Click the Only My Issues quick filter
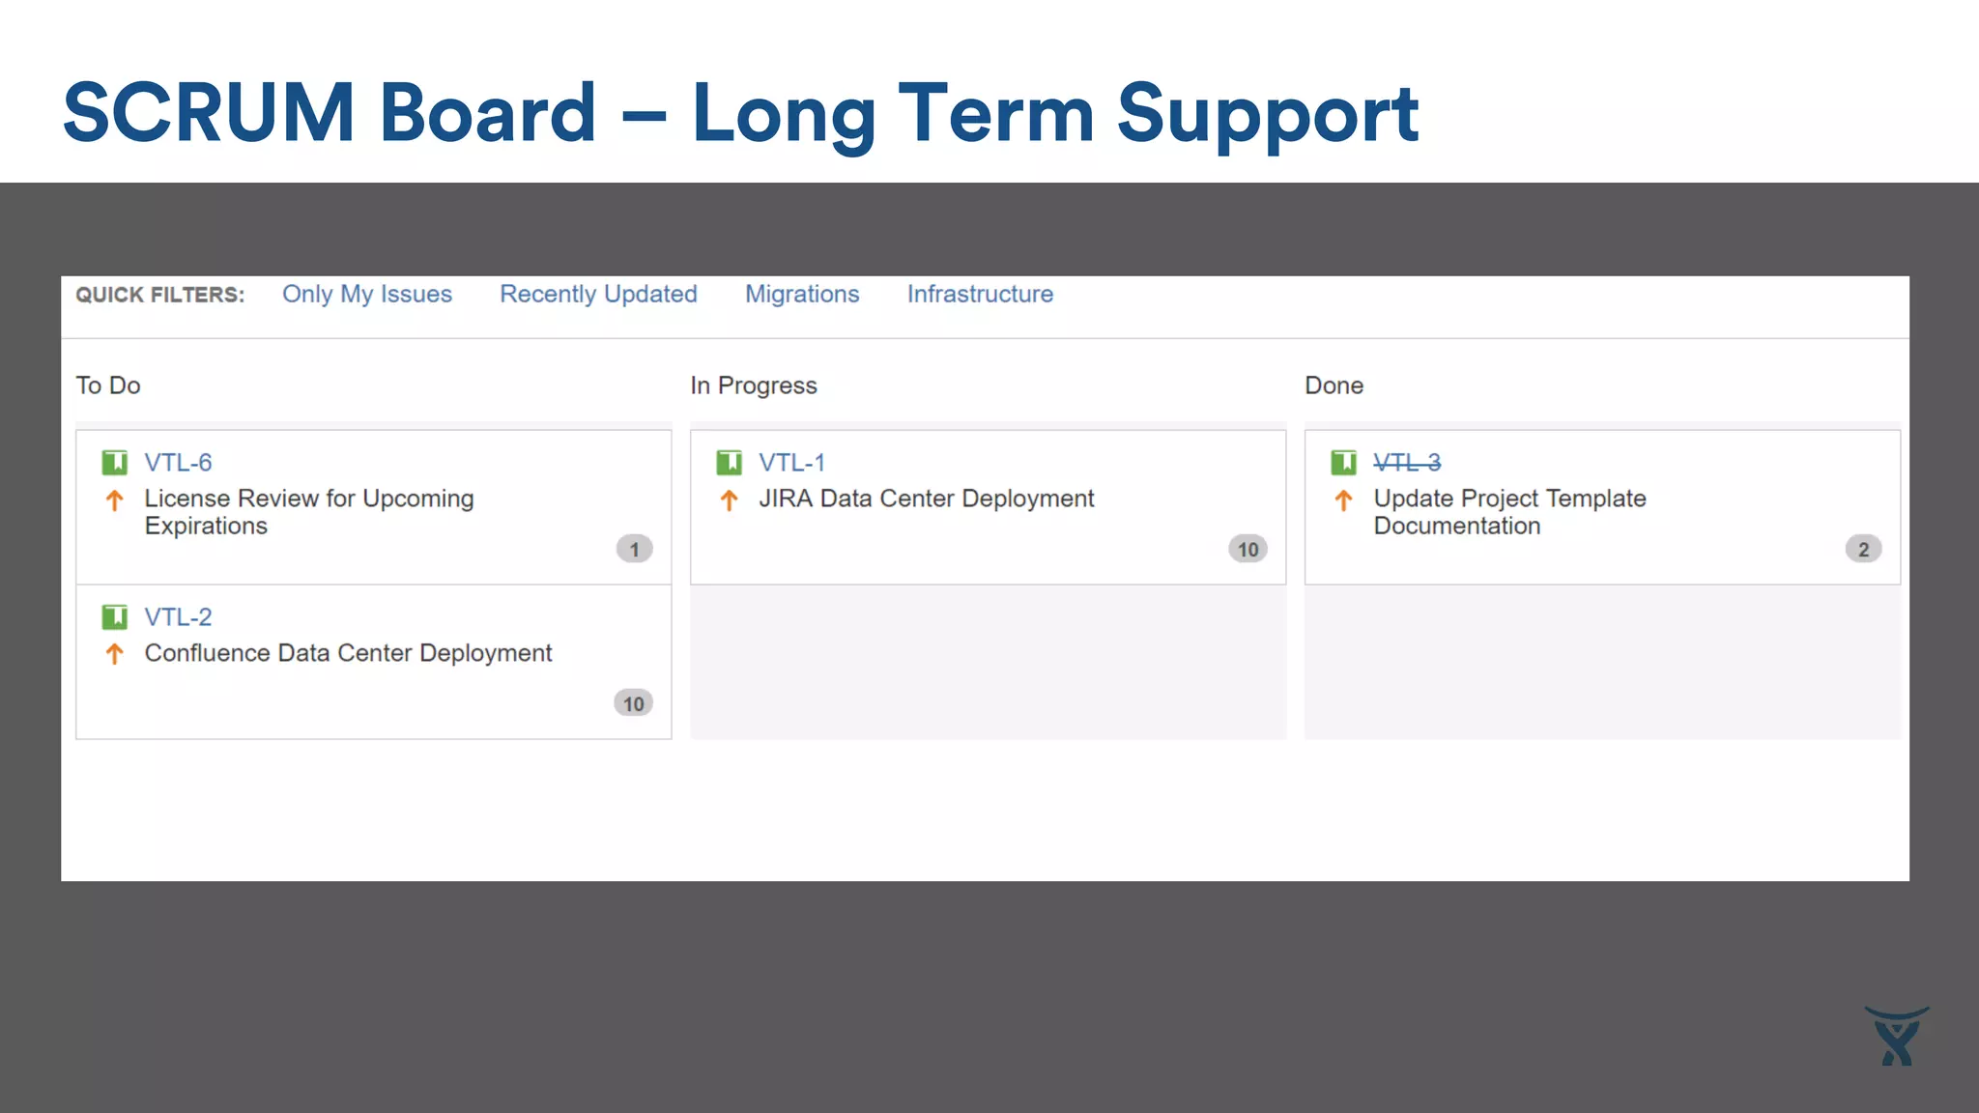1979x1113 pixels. coord(366,294)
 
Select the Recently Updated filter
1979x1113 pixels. coord(597,294)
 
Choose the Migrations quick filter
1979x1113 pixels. coord(801,294)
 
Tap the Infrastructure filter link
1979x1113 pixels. coord(979,294)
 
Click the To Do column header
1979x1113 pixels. coord(108,385)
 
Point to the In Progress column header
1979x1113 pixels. coord(753,385)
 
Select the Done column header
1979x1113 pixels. coord(1334,385)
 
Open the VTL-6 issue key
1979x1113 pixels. coord(178,463)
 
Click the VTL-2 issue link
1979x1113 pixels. coord(178,617)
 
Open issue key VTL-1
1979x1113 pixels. coord(791,463)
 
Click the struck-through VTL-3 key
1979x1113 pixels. coord(1407,463)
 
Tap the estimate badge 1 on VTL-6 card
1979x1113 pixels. coord(634,549)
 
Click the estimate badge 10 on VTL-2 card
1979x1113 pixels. coord(633,703)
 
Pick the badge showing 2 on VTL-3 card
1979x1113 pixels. coord(1863,549)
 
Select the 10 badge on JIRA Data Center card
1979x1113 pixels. coord(1248,549)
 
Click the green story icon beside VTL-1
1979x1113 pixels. coord(729,463)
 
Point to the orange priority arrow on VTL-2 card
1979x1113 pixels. coord(114,654)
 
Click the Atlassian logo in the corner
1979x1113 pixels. coord(1896,1037)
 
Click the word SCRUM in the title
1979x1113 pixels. coord(209,113)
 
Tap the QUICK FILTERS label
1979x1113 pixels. coord(159,295)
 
